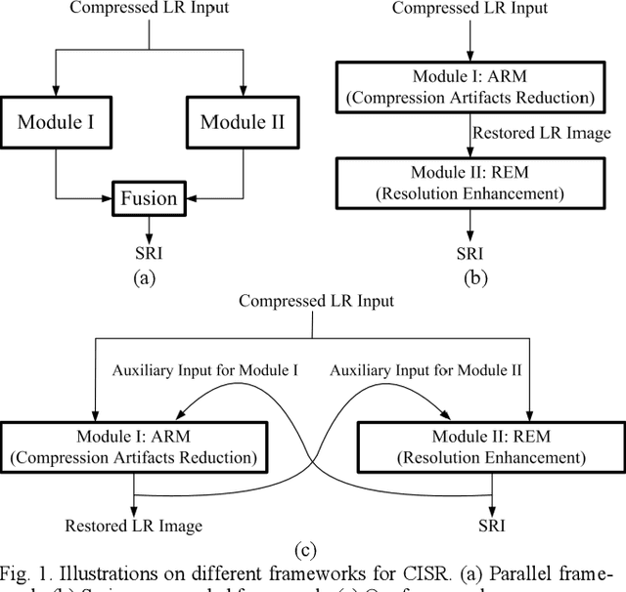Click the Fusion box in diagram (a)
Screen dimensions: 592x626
coord(149,198)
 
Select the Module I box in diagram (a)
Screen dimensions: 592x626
coord(57,122)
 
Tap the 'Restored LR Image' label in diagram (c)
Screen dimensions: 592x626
coord(134,526)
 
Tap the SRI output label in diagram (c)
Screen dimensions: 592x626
coord(493,526)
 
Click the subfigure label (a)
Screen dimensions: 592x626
coord(144,276)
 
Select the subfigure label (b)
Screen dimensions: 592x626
coord(475,276)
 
